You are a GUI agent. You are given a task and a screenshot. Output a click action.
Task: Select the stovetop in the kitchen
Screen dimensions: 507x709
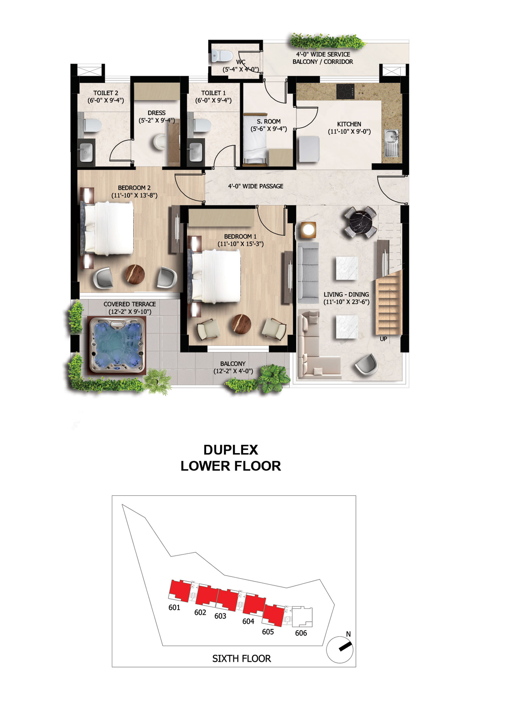point(345,91)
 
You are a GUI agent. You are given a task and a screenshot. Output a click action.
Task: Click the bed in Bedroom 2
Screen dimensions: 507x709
point(107,228)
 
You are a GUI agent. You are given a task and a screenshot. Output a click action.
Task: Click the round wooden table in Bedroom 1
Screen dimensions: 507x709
point(241,324)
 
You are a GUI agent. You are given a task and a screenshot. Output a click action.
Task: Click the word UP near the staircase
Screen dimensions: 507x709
point(383,339)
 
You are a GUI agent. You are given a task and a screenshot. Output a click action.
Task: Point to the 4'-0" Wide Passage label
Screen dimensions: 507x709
point(256,186)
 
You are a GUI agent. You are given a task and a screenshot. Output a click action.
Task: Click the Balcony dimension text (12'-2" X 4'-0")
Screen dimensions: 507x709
point(233,371)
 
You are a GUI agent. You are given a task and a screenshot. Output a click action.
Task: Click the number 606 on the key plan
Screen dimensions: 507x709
point(301,633)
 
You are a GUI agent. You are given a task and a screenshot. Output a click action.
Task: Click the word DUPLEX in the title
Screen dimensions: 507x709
point(231,450)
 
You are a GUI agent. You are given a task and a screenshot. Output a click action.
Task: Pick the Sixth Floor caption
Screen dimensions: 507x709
point(242,658)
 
